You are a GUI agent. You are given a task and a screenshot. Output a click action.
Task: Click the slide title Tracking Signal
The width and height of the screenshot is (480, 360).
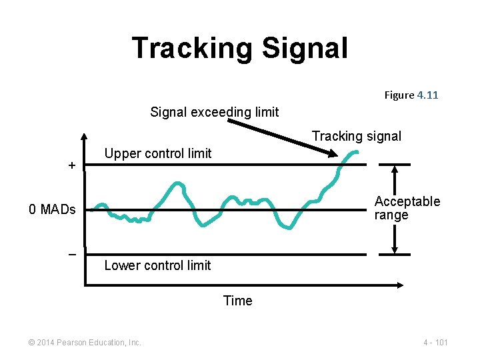[x=239, y=48]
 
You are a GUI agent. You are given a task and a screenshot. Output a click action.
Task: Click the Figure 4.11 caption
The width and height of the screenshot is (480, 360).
[x=411, y=95]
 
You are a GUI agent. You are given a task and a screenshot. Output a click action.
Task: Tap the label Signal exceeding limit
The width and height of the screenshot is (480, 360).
[x=214, y=112]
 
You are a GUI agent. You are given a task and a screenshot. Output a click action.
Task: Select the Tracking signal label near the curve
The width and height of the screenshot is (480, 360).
[x=356, y=136]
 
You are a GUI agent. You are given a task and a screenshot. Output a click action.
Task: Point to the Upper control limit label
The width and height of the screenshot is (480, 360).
[x=158, y=153]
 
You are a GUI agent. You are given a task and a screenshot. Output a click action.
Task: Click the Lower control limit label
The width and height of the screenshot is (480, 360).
[x=157, y=265]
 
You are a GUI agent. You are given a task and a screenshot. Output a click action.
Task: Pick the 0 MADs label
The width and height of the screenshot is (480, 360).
[x=52, y=210]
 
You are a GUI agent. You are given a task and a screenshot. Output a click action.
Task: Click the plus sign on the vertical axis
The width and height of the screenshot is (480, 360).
[x=72, y=165]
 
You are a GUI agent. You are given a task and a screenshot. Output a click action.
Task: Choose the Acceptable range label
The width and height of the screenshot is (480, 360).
[x=407, y=208]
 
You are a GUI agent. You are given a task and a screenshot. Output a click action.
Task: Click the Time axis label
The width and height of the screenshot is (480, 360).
[x=238, y=301]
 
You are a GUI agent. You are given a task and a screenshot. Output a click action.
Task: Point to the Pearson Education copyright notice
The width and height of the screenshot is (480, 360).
[x=85, y=342]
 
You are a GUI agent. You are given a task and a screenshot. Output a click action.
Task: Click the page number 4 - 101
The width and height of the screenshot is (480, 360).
[x=435, y=342]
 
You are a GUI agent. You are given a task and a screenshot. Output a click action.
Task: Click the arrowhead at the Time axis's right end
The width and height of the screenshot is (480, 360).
[x=400, y=285]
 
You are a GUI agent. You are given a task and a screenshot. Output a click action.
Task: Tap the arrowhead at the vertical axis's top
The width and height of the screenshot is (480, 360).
[x=85, y=138]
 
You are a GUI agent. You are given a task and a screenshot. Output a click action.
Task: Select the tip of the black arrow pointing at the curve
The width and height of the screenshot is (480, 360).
[x=335, y=157]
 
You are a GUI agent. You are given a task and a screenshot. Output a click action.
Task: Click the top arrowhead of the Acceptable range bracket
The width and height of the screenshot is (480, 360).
[x=395, y=167]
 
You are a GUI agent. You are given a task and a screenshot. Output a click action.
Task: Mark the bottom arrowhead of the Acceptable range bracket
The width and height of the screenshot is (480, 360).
[x=395, y=251]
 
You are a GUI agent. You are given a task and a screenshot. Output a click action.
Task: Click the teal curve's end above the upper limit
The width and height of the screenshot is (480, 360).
[x=357, y=153]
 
